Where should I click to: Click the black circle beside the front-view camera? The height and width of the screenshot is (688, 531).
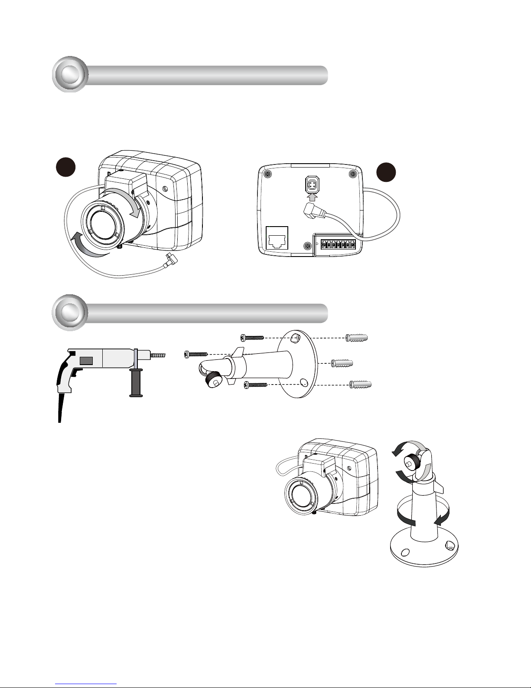tap(66, 168)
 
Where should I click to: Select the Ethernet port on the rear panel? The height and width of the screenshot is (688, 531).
tap(277, 238)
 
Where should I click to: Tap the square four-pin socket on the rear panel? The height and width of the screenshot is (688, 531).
tap(312, 184)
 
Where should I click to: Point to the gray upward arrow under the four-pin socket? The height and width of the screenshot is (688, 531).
tap(312, 198)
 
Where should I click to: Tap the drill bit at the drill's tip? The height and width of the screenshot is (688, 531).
tap(159, 356)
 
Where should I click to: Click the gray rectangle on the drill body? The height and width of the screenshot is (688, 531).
tap(87, 360)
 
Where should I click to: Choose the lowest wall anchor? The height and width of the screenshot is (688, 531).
tap(361, 384)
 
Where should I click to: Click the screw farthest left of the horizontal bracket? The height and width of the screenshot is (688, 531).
tap(196, 355)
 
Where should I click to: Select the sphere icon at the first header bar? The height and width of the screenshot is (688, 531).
tap(70, 75)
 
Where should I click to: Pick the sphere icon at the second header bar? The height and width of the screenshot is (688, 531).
tap(70, 313)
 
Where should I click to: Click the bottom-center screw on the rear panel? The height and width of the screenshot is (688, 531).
tap(307, 246)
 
